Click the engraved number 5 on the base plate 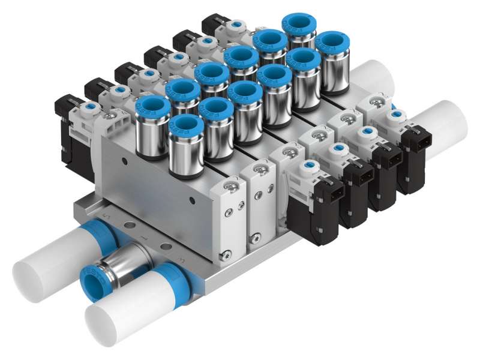pyautogui.click(x=107, y=214)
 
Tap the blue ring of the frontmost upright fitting pyautogui.click(x=185, y=124)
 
